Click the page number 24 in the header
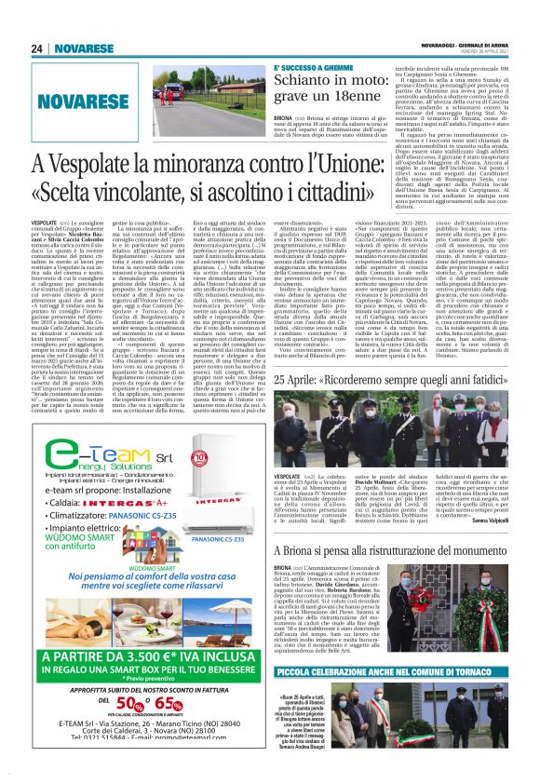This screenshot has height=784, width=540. pyautogui.click(x=36, y=48)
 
